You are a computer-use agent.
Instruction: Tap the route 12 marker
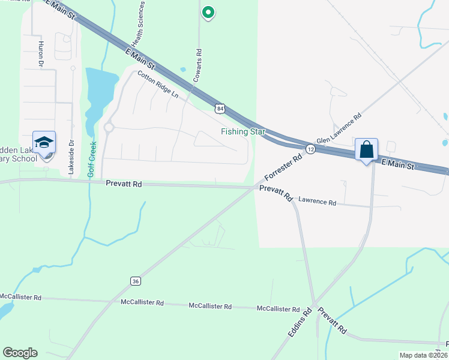click(x=310, y=149)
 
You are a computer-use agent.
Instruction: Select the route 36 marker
click(x=136, y=281)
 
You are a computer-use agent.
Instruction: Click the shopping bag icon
click(x=366, y=149)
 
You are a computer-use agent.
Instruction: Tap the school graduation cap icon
click(x=44, y=143)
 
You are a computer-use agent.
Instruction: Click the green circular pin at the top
click(x=208, y=11)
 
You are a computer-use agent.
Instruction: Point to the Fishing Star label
click(x=238, y=131)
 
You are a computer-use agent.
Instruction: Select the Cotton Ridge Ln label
click(x=158, y=85)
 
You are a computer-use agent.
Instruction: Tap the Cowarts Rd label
click(x=197, y=65)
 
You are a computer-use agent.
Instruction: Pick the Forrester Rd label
click(x=283, y=169)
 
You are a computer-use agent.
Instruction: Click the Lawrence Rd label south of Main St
click(x=317, y=202)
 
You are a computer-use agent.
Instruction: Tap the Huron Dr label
click(x=41, y=54)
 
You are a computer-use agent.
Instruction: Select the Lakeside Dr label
click(x=71, y=158)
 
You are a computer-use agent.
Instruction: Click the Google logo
click(x=20, y=353)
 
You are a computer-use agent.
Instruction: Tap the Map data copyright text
click(x=423, y=355)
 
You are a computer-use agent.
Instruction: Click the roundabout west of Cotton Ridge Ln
click(x=109, y=127)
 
